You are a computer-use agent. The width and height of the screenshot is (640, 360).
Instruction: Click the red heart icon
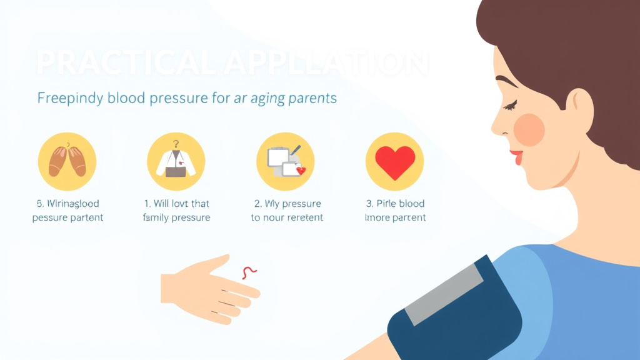[x=394, y=161]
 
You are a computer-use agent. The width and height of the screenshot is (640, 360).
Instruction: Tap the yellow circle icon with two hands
[x=67, y=161]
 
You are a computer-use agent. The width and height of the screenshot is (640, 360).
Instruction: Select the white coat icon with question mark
[x=176, y=162]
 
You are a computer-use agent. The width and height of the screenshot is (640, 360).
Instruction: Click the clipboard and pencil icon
[x=285, y=161]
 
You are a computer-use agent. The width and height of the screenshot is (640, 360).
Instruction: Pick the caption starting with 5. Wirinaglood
[x=67, y=211]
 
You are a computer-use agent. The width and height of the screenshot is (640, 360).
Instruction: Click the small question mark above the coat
[x=176, y=142]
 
